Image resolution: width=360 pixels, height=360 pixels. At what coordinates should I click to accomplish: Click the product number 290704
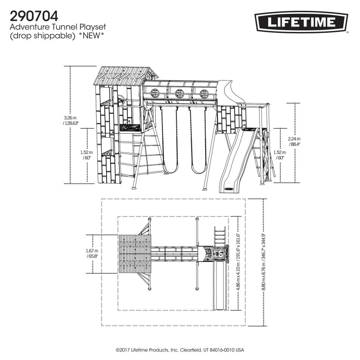coord(34,17)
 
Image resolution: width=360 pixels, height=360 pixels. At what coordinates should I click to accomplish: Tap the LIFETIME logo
coord(302,22)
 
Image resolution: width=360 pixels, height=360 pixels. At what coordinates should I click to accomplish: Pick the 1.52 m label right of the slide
coord(279,155)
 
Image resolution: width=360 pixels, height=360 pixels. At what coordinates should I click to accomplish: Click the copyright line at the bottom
coord(180,350)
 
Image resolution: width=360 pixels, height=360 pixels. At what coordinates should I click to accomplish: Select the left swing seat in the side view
coord(169,170)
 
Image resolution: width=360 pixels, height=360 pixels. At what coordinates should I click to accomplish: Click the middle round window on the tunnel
coord(180,93)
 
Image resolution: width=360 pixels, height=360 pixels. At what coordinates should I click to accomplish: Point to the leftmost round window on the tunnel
coord(155,93)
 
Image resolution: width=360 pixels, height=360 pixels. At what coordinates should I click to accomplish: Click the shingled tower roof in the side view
coord(124,75)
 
